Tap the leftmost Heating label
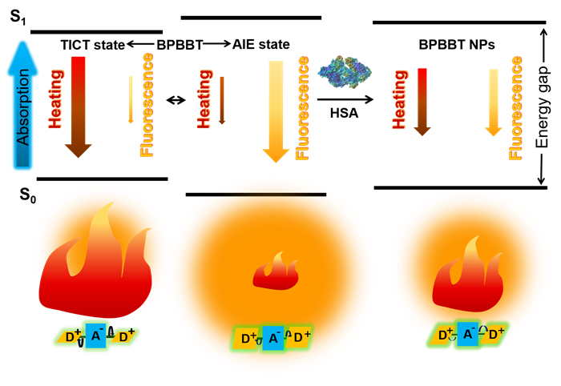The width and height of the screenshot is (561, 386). pos(56,99)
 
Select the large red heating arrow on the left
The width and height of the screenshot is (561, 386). pos(78,104)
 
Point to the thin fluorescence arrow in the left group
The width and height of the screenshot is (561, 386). pos(131,99)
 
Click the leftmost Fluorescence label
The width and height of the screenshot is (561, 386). pos(147,104)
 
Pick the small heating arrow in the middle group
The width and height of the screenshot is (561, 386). pos(222,100)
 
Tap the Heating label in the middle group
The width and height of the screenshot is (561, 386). pos(204,99)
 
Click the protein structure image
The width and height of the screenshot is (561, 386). pos(345,72)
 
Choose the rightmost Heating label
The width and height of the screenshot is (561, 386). pos(399,99)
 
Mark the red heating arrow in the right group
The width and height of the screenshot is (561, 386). pos(422,101)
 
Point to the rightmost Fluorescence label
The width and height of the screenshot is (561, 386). pos(516,107)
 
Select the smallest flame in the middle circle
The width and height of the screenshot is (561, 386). pos(276,272)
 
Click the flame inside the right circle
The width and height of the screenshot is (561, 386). pos(468,277)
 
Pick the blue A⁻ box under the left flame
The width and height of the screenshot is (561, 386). pos(95,336)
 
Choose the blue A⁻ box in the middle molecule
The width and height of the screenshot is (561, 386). pos(273,338)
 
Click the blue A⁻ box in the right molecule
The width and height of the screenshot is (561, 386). pos(468,333)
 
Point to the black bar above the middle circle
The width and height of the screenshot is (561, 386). pos(264,194)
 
